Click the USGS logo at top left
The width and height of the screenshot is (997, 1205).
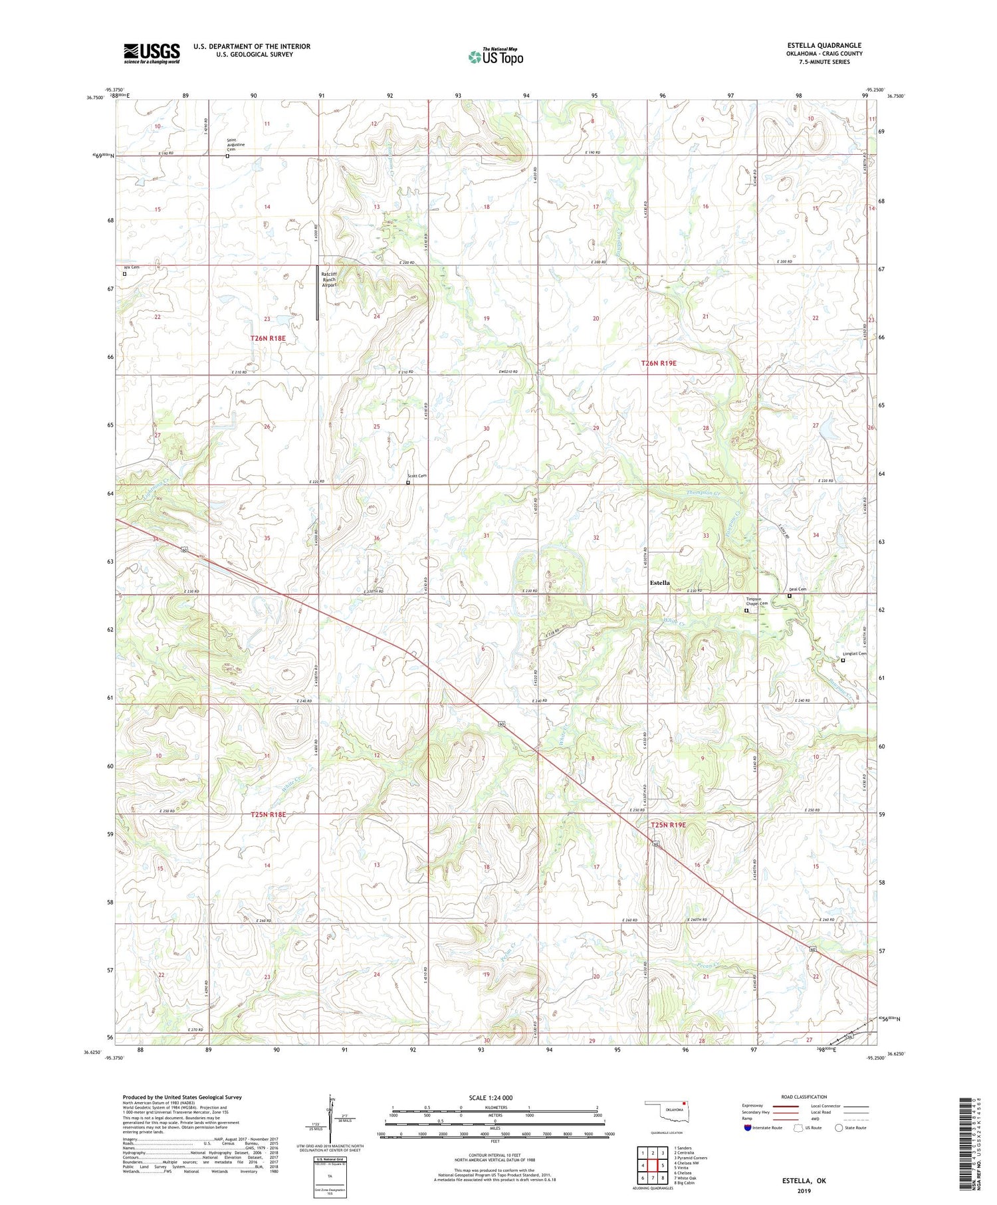coord(152,53)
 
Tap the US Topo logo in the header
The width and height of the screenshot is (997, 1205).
coord(495,57)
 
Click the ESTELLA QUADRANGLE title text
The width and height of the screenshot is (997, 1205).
coord(824,45)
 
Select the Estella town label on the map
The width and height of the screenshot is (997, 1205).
coord(659,583)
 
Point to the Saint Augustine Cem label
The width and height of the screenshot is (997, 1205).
coord(236,144)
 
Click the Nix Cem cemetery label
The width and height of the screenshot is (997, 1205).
coord(132,267)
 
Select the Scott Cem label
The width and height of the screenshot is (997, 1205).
coord(417,476)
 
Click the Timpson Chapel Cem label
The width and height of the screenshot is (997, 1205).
coord(755,601)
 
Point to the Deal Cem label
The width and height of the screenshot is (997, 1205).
coord(797,590)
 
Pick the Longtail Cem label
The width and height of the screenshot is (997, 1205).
coord(854,653)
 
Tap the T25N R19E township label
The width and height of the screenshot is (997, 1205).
coord(667,825)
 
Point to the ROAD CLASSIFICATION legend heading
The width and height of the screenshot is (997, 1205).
coord(804,1097)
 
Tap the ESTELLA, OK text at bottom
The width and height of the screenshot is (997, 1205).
coord(804,1180)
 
